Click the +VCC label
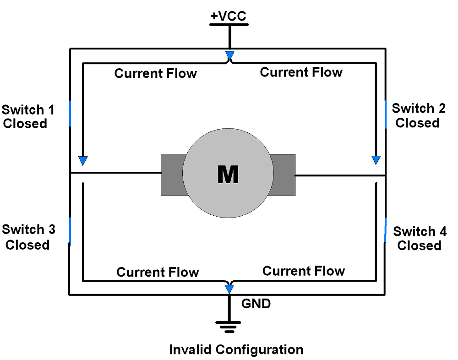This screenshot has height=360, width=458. (x=228, y=16)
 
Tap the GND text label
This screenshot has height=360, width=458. (x=256, y=303)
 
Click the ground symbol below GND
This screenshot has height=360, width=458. (x=228, y=327)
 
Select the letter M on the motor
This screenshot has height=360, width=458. (x=228, y=175)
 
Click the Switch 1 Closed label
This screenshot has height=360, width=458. (x=27, y=117)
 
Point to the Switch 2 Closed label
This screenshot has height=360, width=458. (x=418, y=115)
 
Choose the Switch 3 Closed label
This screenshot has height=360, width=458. (x=27, y=237)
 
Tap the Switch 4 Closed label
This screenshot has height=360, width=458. (x=420, y=238)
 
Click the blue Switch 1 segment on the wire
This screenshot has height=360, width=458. (x=70, y=113)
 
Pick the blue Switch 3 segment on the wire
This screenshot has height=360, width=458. (x=70, y=231)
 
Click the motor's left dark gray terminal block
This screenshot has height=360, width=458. (x=172, y=175)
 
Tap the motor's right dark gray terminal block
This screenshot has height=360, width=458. (x=283, y=175)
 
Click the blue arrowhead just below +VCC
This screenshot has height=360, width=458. (x=229, y=56)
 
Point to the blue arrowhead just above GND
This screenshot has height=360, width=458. (x=229, y=289)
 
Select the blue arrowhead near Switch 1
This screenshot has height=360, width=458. (x=83, y=160)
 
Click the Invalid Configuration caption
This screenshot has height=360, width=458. (x=236, y=349)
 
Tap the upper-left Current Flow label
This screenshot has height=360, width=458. (x=155, y=73)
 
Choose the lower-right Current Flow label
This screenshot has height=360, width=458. (x=303, y=271)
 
